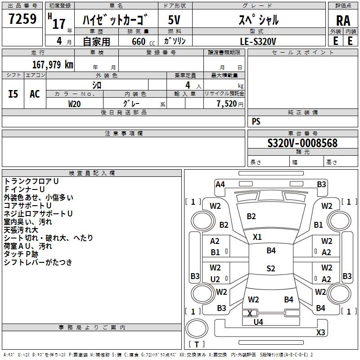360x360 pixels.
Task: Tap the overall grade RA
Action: pos(343,21)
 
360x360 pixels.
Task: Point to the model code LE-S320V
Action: pos(258,41)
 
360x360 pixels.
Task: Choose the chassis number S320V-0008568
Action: pos(302,143)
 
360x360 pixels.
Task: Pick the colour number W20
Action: pos(75,103)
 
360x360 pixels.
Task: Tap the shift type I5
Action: pos(13,94)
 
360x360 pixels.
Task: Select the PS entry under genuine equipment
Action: pos(256,121)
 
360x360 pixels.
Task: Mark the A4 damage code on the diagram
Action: pos(220,184)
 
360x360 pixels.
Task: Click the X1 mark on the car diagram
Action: pos(257,237)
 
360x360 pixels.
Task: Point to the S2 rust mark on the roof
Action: pos(270,269)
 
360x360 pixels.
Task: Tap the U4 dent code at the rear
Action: pos(258,322)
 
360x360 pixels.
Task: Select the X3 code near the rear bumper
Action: pos(320,333)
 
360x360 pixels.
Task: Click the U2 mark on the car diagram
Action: pos(215,279)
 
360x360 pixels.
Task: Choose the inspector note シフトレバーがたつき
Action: pos(38,262)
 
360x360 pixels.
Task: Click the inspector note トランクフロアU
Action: pos(31,181)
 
